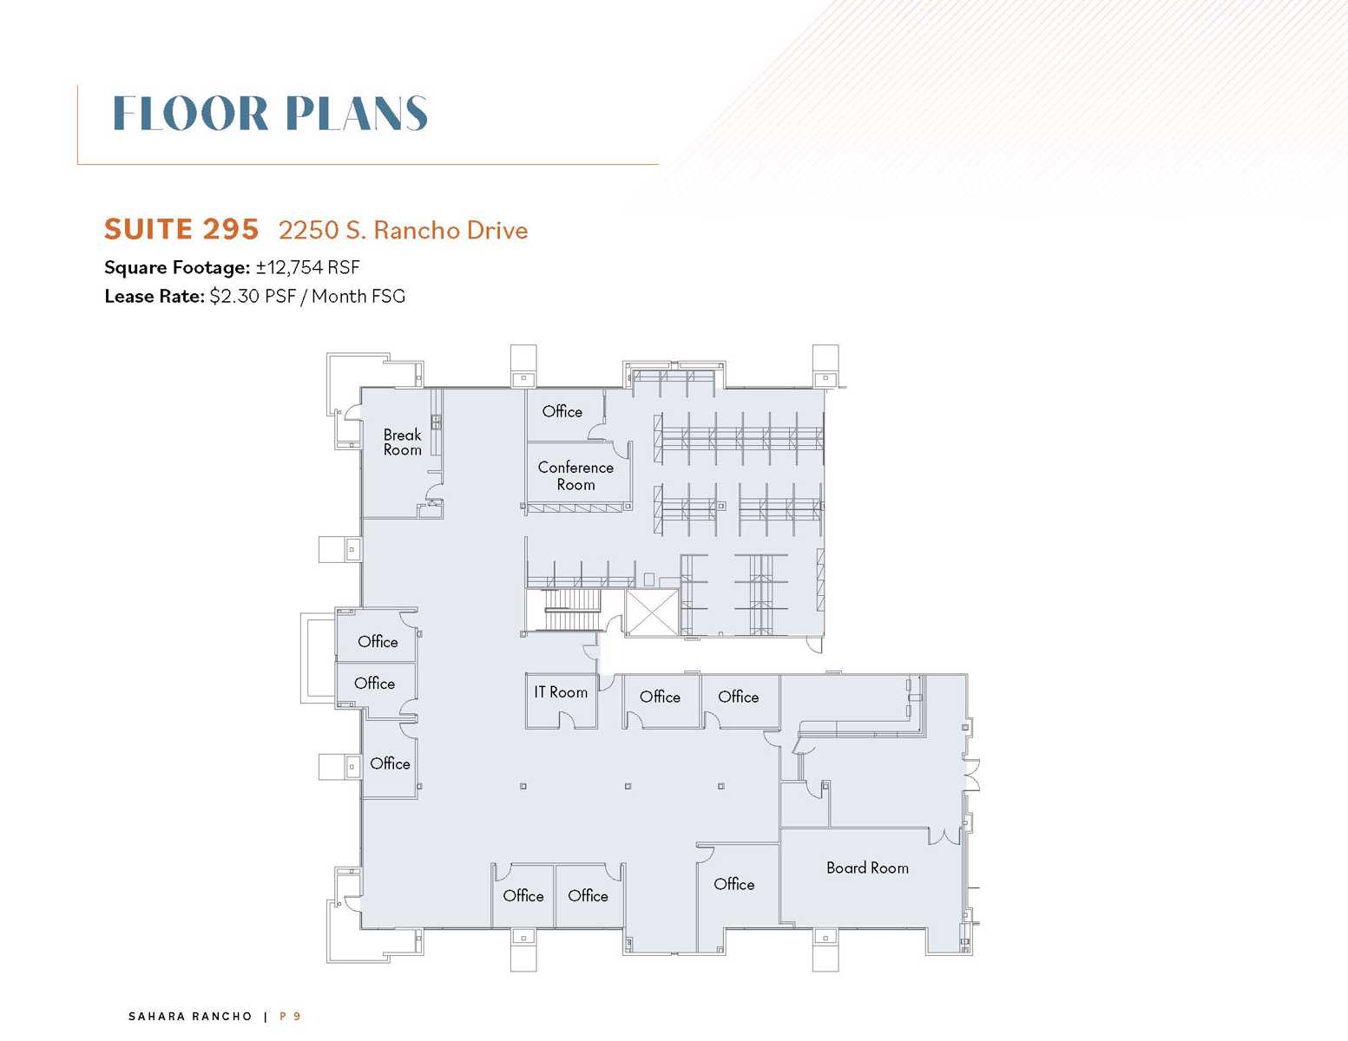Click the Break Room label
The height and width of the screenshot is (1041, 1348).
[402, 442]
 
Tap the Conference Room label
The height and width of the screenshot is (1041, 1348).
[575, 475]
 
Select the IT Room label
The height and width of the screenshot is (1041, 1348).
[561, 692]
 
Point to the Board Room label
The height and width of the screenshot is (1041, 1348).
[867, 867]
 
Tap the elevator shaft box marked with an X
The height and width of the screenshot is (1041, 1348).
[651, 612]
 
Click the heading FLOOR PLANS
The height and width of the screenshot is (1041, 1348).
[270, 114]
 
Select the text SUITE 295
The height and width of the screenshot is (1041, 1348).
[181, 229]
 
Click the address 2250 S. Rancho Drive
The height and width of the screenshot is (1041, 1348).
[404, 230]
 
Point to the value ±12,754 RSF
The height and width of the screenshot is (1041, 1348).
[307, 267]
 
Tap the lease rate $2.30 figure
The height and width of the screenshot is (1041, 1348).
[234, 296]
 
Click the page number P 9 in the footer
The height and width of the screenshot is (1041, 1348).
[290, 1016]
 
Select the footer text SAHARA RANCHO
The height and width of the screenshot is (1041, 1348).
[190, 1016]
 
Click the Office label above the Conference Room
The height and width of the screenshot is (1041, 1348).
[562, 411]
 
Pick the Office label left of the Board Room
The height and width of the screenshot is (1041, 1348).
[733, 883]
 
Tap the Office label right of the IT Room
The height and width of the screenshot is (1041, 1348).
[660, 697]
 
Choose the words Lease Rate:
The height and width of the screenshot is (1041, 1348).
[154, 296]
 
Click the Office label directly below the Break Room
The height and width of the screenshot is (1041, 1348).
[378, 641]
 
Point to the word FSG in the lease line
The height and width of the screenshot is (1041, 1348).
[389, 296]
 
